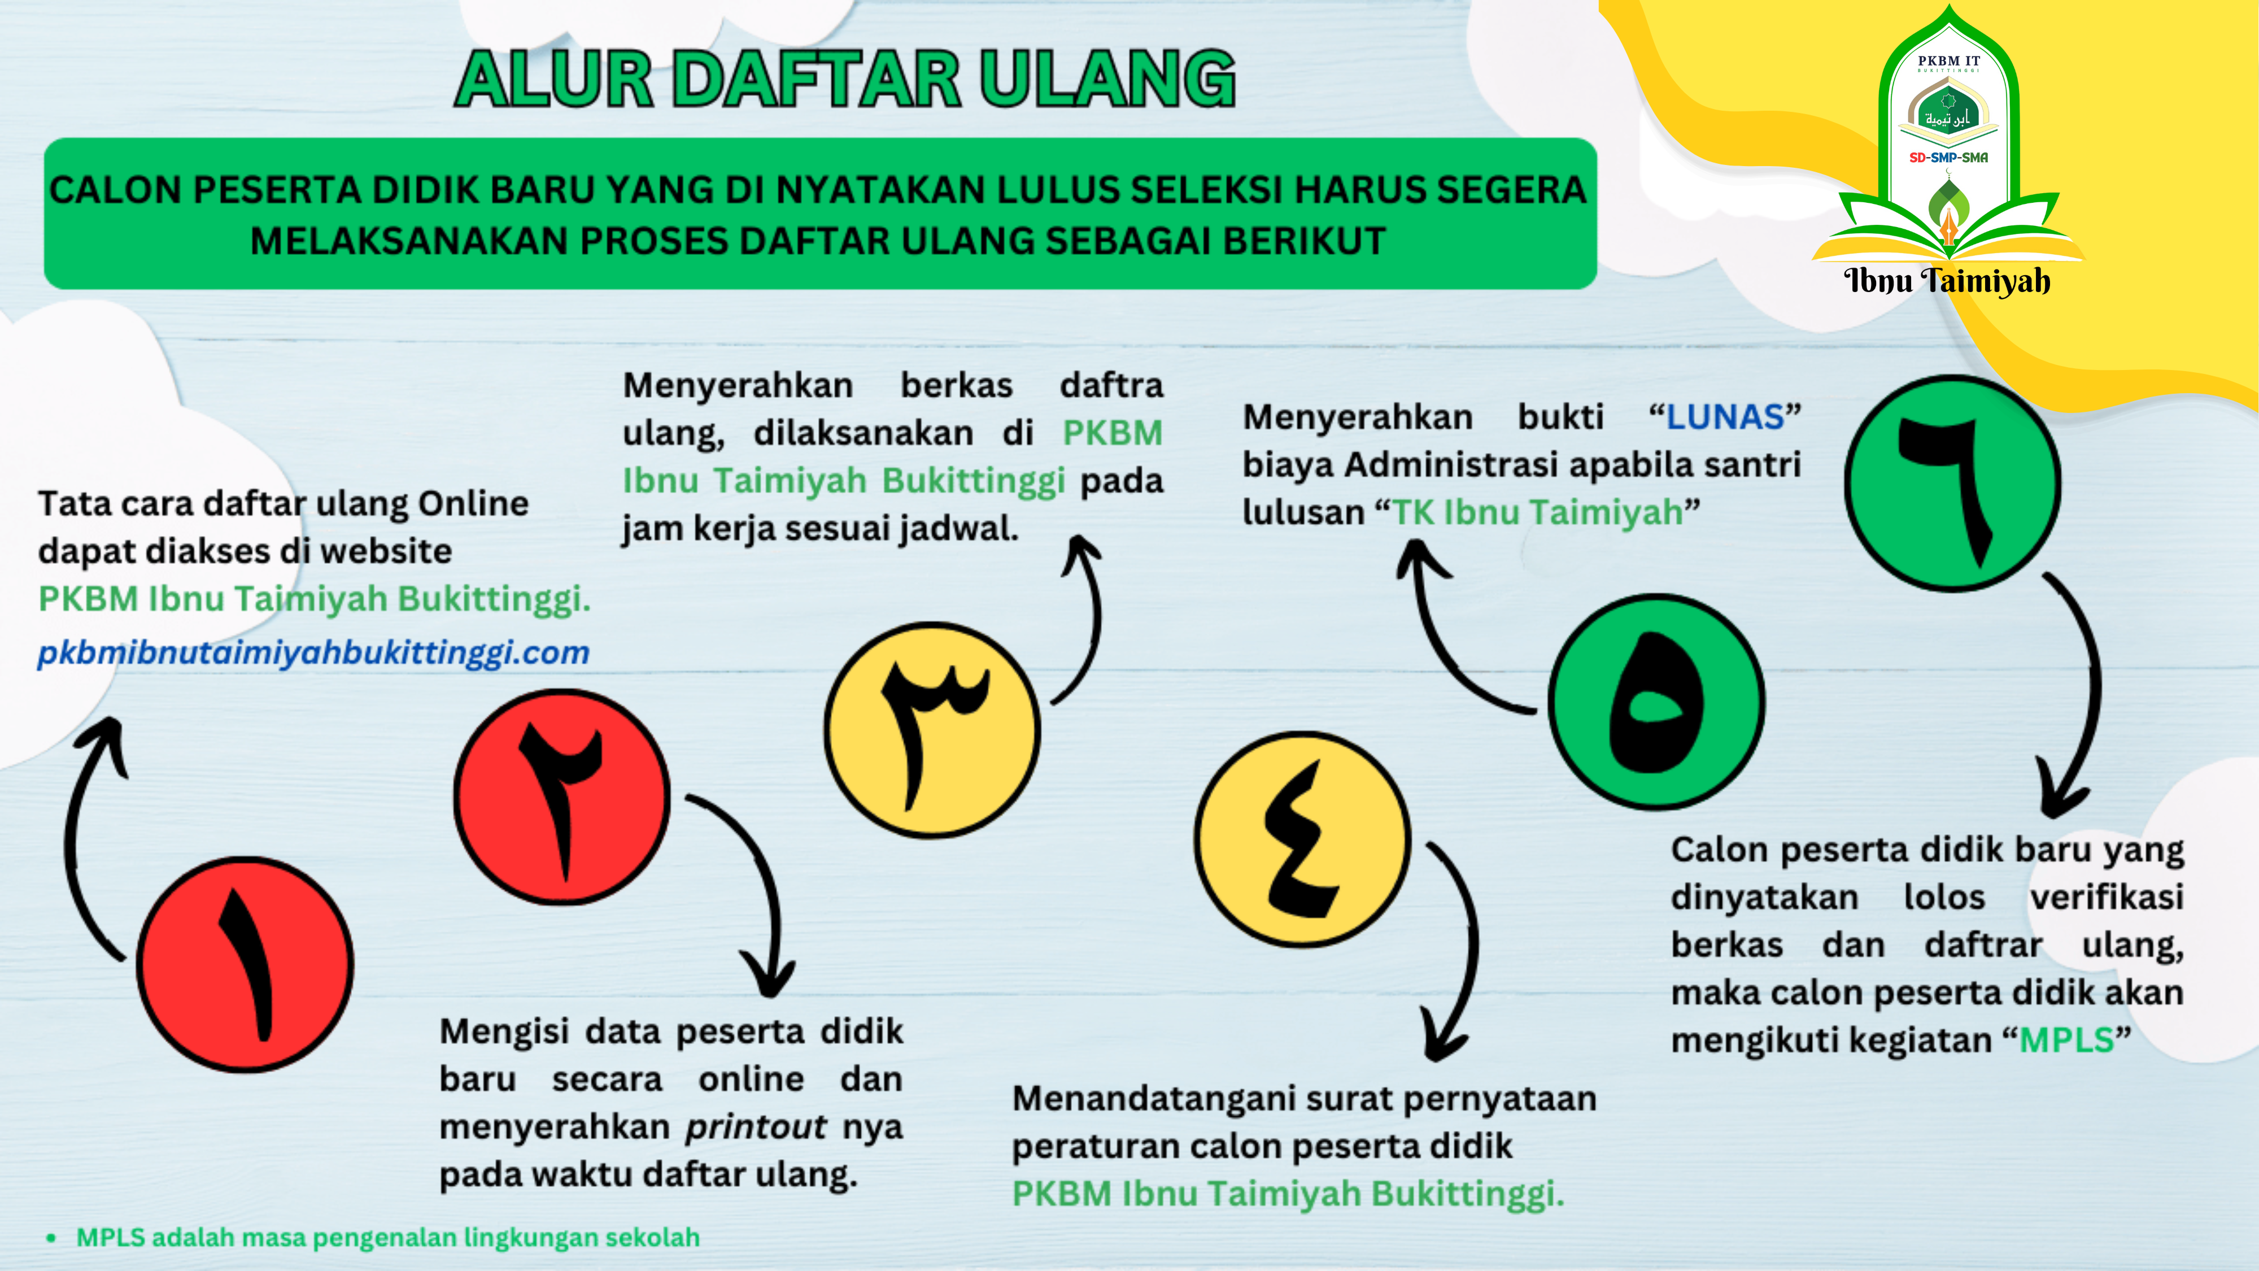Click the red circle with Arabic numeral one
246,964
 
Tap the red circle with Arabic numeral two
562,796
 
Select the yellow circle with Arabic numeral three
932,730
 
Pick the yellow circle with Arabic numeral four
1302,839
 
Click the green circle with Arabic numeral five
1656,701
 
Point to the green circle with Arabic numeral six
1952,484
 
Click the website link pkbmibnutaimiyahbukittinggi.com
313,652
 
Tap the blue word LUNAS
1724,417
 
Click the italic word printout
755,1126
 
